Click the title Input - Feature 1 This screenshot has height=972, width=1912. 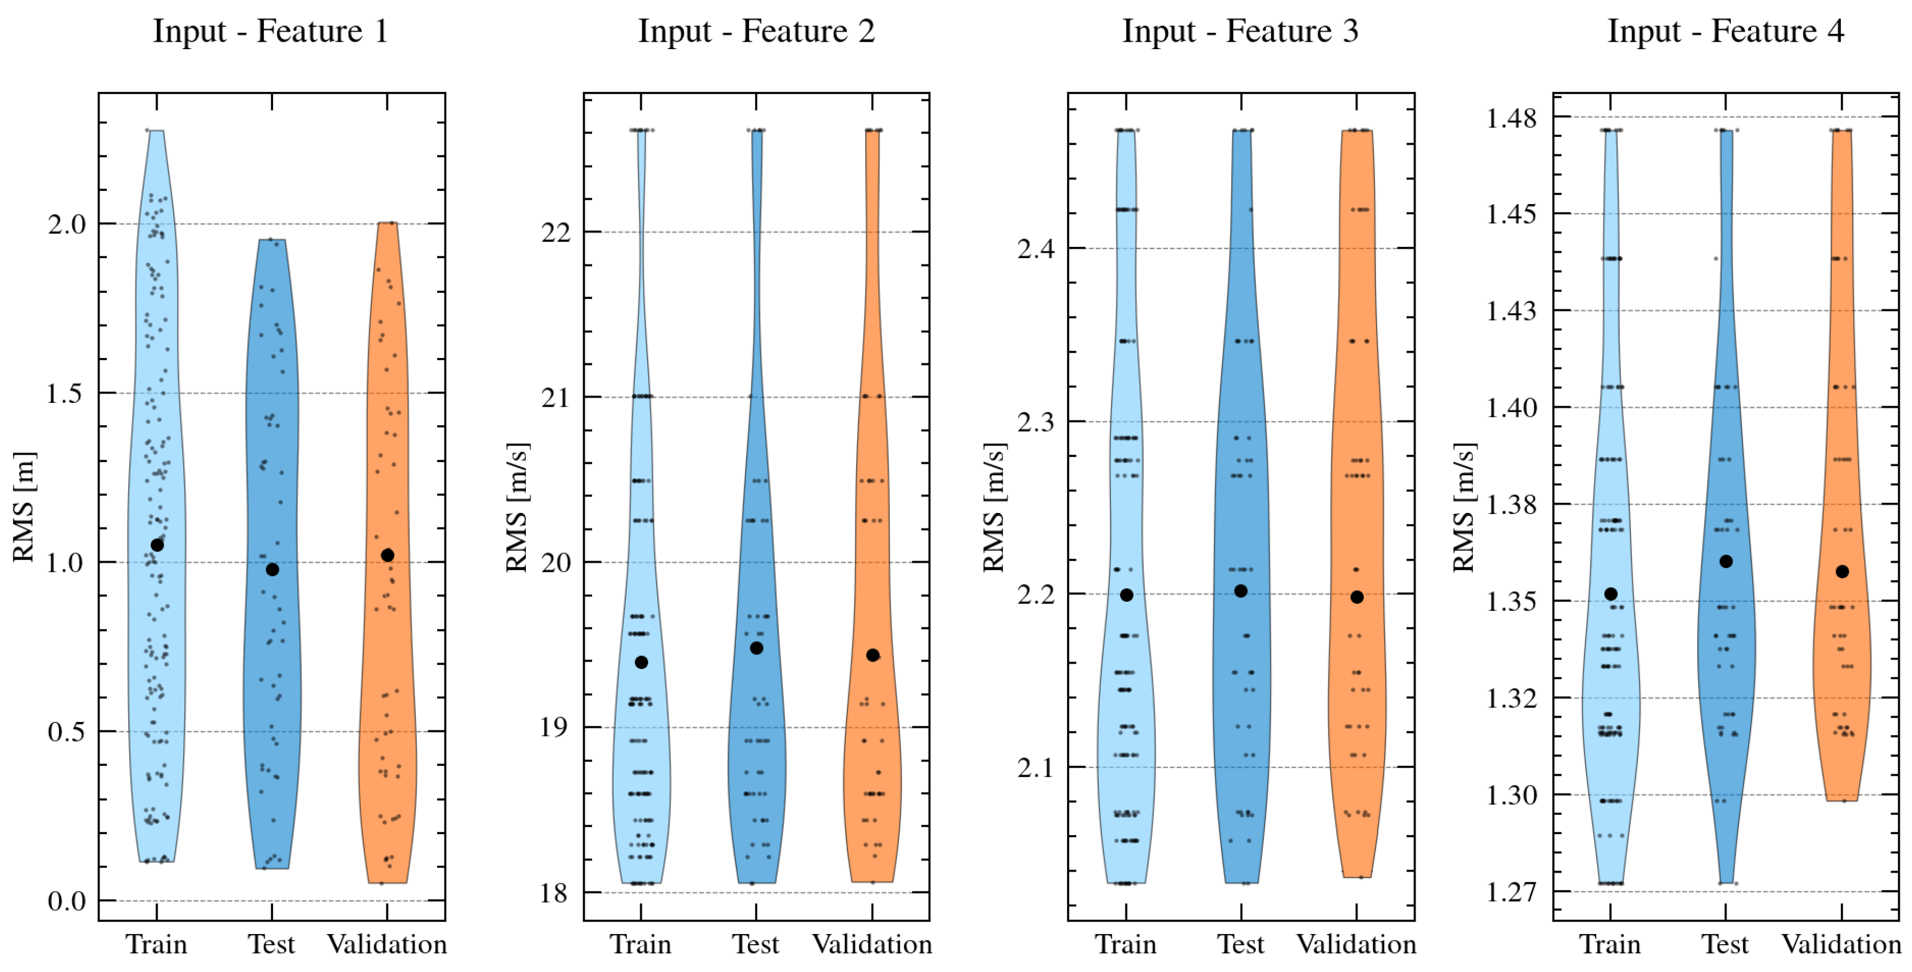[x=270, y=31]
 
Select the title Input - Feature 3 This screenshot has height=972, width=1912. [x=1240, y=31]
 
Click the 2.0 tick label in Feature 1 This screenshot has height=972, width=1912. [x=67, y=224]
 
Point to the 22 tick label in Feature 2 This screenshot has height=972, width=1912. [x=556, y=232]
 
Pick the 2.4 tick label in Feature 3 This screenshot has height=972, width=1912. [x=1036, y=248]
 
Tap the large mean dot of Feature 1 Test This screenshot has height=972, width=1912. [x=273, y=570]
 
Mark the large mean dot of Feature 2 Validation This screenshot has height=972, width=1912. [x=873, y=655]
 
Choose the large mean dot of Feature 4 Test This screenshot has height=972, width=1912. [x=1727, y=562]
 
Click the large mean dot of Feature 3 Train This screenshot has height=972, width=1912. [x=1126, y=595]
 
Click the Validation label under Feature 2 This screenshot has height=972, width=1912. [x=872, y=945]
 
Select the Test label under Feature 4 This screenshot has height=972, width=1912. [x=1725, y=945]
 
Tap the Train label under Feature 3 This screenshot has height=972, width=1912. [x=1126, y=945]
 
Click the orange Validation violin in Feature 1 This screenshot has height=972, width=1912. [x=387, y=668]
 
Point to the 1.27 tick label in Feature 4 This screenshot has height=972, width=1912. [x=1511, y=891]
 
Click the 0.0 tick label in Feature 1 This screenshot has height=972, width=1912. [x=67, y=901]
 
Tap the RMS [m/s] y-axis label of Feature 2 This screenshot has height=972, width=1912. [x=517, y=508]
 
